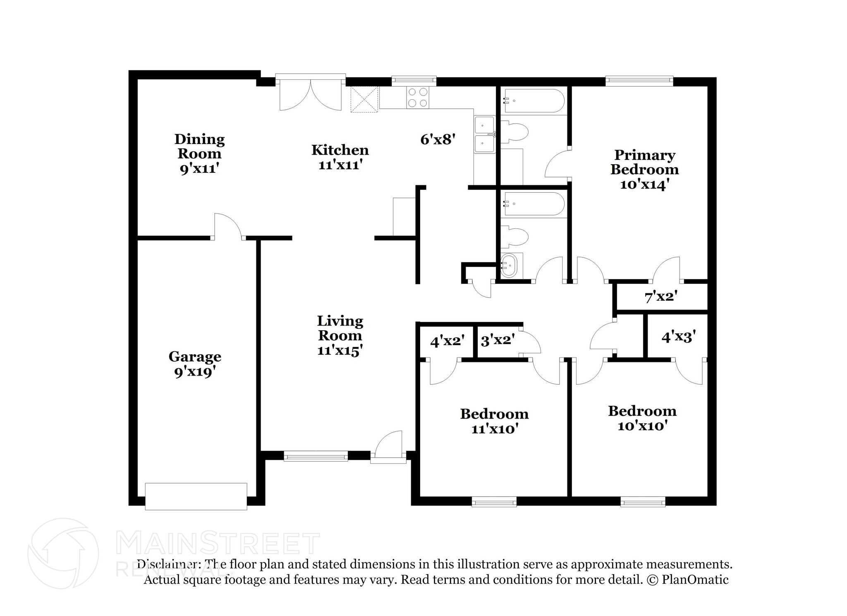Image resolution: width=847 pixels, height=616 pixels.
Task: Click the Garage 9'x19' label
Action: [194, 364]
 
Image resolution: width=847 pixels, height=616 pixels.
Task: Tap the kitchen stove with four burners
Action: [417, 98]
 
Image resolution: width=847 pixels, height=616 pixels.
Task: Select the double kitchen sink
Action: [484, 134]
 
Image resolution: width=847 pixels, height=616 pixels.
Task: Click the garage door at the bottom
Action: [196, 496]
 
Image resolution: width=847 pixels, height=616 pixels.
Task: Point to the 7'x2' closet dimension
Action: [660, 296]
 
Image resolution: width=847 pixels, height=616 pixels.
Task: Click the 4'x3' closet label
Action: [678, 337]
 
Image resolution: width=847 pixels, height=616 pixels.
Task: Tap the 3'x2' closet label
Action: [498, 340]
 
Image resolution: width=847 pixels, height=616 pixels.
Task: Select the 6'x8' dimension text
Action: [438, 139]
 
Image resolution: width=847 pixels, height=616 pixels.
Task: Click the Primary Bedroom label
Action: [644, 169]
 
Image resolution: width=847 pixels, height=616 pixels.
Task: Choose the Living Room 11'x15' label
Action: [340, 335]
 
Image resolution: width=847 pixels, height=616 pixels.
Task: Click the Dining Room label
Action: [199, 153]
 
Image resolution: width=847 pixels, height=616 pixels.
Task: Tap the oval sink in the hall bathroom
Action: [509, 266]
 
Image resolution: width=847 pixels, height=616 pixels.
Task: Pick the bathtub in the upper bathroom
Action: [534, 101]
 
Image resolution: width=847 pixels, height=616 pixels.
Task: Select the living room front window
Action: [316, 456]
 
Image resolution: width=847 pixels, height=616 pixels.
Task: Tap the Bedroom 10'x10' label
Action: [642, 418]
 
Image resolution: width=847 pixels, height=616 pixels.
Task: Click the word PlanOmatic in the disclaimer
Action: [695, 580]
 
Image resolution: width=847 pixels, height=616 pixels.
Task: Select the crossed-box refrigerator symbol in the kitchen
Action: [364, 99]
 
